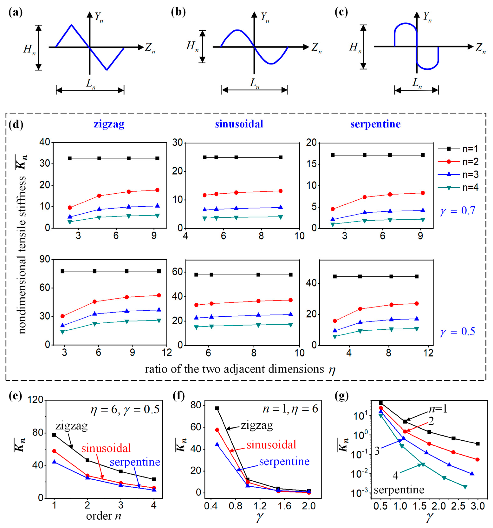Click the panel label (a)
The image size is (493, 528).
click(x=15, y=13)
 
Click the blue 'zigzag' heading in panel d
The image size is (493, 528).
click(x=109, y=124)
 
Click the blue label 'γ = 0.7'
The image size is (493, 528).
click(x=457, y=211)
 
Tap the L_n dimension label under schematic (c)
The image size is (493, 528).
click(x=417, y=83)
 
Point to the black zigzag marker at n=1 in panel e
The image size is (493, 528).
click(x=54, y=435)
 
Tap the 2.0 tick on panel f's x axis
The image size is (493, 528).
click(x=308, y=506)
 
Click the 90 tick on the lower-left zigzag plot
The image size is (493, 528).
click(x=45, y=259)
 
